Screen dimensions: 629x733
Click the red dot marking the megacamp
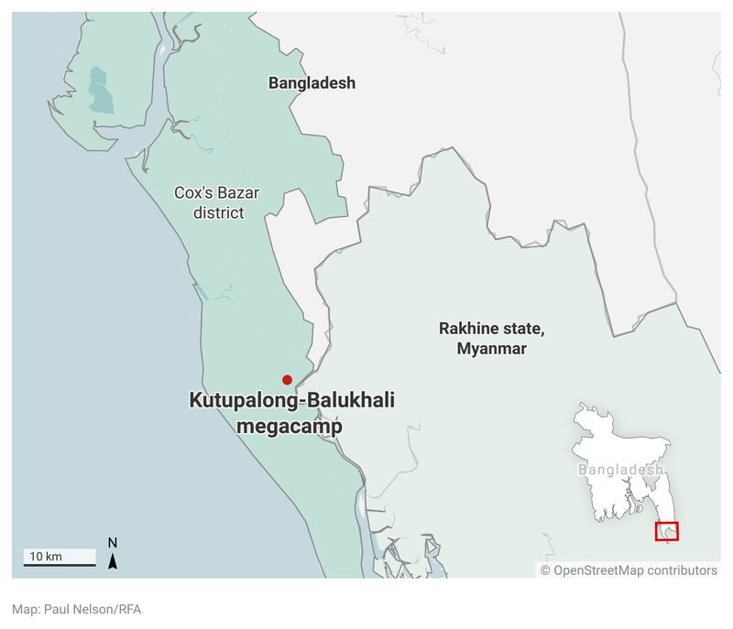tap(287, 380)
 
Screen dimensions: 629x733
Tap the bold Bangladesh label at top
tap(312, 83)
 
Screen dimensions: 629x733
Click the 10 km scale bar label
tap(46, 557)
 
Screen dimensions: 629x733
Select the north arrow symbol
tap(113, 560)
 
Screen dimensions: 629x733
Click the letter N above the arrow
tap(113, 542)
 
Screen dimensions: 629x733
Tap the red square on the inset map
tap(667, 531)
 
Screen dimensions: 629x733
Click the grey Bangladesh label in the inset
tap(620, 470)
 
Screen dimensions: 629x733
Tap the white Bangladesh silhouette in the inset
tap(614, 449)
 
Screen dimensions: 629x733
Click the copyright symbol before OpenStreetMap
tap(545, 570)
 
